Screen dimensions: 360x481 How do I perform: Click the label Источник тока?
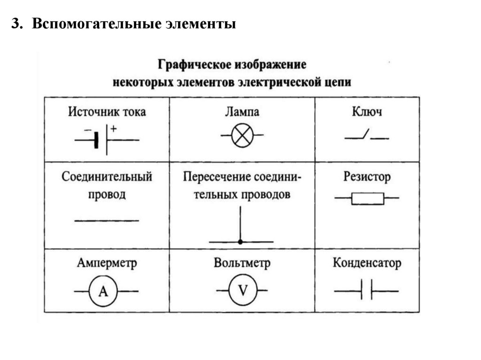[107, 112]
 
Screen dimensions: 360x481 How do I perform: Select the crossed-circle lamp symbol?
[242, 136]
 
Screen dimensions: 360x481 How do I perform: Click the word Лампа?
[241, 112]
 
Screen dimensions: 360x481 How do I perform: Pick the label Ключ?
[366, 112]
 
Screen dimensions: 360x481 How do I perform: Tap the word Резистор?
[367, 177]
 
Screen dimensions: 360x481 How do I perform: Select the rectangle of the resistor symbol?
[367, 199]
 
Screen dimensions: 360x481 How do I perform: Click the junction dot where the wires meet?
[240, 242]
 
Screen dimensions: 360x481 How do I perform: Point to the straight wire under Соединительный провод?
[107, 221]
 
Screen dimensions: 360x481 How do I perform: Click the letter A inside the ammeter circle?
[104, 292]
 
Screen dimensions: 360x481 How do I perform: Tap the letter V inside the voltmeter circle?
[242, 291]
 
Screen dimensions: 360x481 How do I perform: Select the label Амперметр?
[107, 263]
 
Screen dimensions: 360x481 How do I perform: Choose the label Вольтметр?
[242, 263]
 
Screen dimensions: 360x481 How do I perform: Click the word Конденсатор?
[367, 263]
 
